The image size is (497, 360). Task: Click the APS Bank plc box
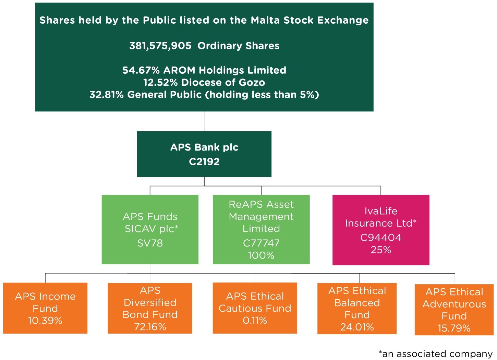(x=204, y=154)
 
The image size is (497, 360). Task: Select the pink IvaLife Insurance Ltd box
(x=381, y=230)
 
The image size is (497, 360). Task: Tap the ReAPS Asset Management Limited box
(x=261, y=229)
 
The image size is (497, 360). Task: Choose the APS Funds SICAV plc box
(x=150, y=229)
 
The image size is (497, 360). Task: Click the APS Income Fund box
(x=45, y=308)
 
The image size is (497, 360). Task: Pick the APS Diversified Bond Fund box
(x=150, y=308)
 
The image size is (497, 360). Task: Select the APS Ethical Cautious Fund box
(x=255, y=308)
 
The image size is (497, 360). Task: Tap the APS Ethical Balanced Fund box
(x=357, y=309)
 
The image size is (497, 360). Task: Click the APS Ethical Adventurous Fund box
(x=454, y=310)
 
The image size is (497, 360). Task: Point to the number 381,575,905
(x=160, y=46)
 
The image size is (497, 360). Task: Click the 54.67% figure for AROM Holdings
(x=141, y=70)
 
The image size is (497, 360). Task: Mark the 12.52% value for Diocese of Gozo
(x=160, y=83)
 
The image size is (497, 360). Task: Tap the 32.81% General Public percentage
(x=107, y=95)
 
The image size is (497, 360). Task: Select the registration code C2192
(x=204, y=161)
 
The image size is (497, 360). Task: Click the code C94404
(x=381, y=238)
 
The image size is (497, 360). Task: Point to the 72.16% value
(x=150, y=327)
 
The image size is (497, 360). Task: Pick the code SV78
(x=150, y=243)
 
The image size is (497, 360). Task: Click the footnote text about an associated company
(x=435, y=353)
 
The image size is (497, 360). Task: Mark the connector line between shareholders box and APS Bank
(x=204, y=121)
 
